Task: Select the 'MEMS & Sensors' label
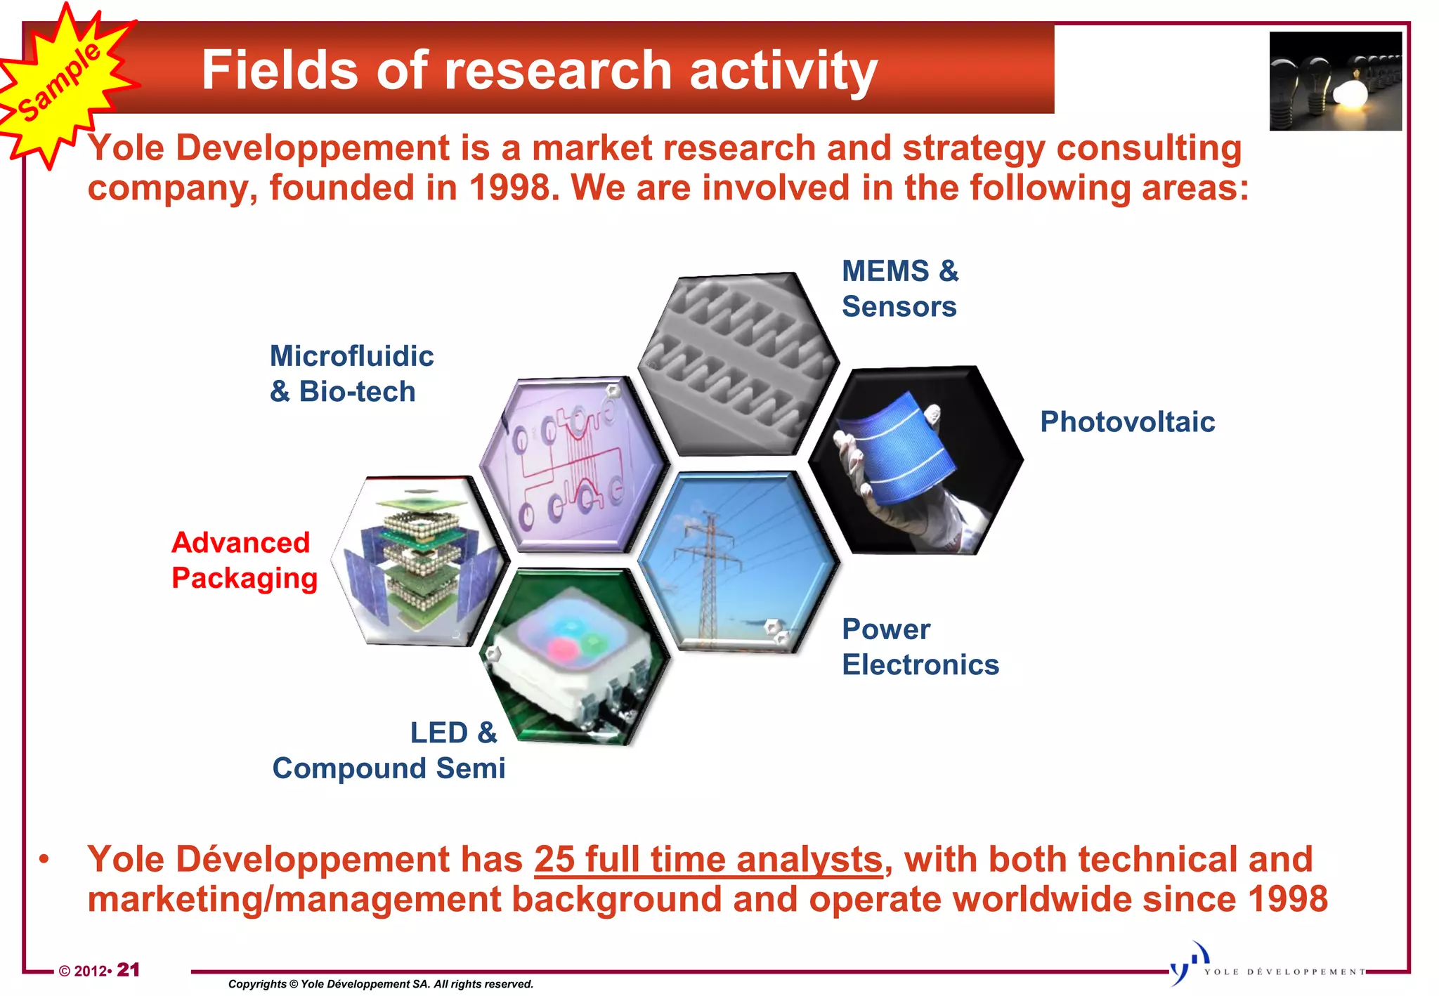pos(899,289)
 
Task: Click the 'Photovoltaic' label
pos(1127,422)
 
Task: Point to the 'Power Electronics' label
pos(919,647)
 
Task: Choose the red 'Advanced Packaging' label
pos(244,561)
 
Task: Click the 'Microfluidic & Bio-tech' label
pos(351,374)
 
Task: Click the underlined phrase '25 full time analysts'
pos(708,860)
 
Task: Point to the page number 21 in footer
pos(128,970)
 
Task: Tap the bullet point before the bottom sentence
pos(44,860)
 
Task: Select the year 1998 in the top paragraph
pos(509,188)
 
